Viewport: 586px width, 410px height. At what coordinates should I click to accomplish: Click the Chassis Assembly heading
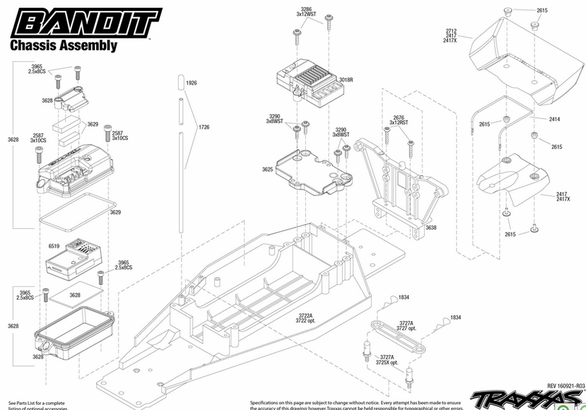[63, 46]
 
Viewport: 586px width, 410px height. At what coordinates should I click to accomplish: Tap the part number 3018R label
[346, 80]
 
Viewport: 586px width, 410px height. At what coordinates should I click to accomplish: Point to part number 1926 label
[191, 84]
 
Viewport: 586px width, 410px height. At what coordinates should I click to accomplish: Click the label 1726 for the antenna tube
[203, 127]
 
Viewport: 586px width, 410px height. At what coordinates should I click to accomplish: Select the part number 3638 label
[431, 227]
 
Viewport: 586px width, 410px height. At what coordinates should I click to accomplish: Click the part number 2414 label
[555, 119]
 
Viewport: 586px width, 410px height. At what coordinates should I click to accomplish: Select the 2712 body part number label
[451, 35]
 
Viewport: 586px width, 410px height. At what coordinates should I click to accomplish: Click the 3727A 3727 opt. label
[406, 326]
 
